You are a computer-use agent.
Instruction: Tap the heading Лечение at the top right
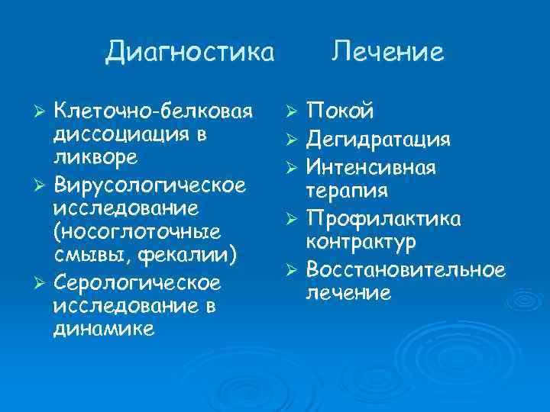pos(388,51)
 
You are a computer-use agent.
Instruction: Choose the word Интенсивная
pos(370,166)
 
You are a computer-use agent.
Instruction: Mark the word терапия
pos(346,189)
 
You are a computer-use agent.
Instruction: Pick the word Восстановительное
pos(405,269)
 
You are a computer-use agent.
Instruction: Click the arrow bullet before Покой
pos(290,114)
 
